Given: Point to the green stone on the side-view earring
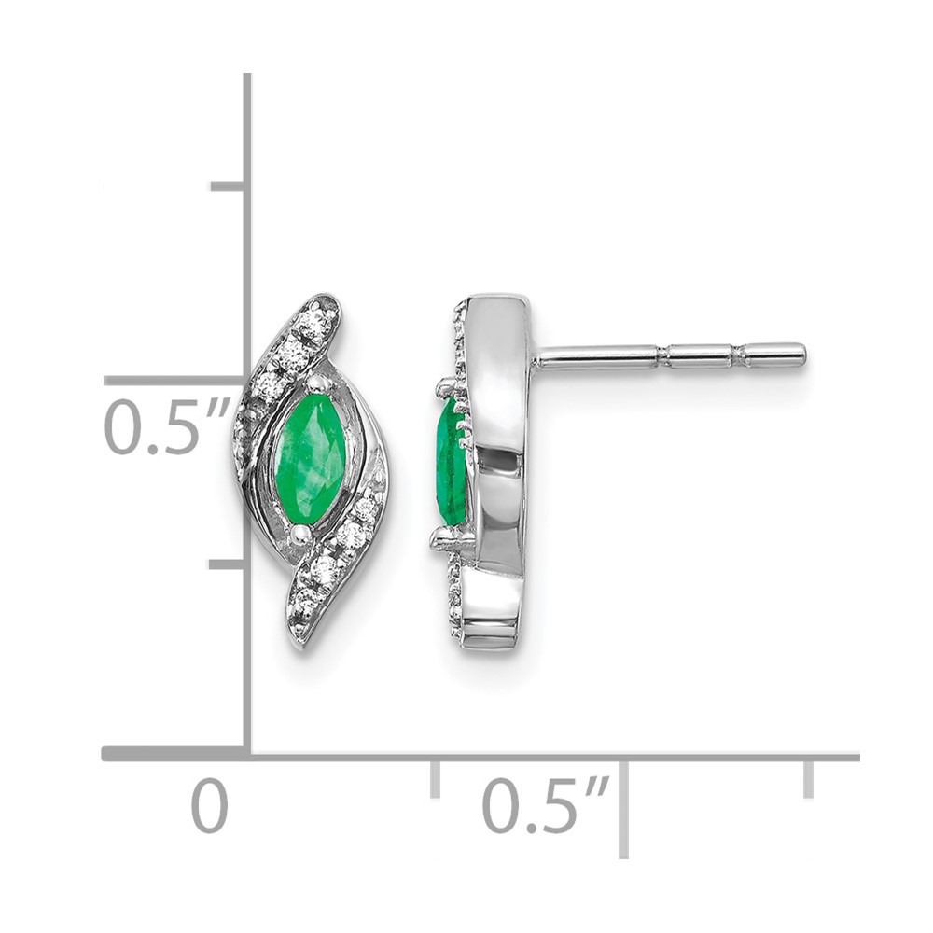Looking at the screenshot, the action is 451,463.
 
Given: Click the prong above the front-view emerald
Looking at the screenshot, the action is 316,383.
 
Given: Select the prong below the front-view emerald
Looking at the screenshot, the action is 301,534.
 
